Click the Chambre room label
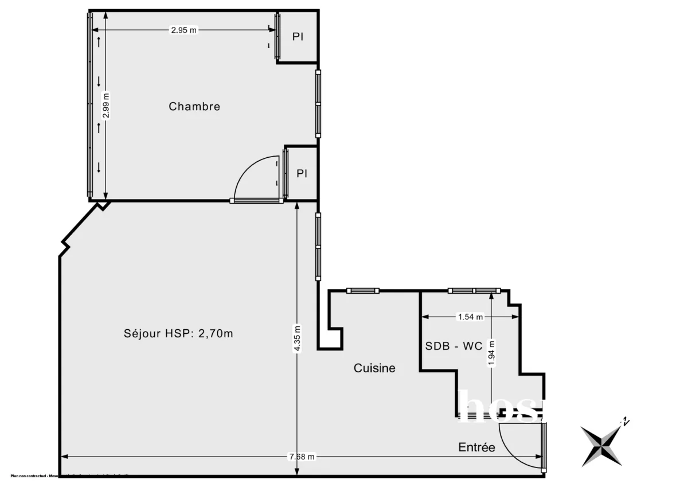(x=194, y=107)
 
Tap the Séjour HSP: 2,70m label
(x=178, y=333)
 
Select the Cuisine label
(x=374, y=368)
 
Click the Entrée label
(x=476, y=447)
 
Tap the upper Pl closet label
(x=298, y=37)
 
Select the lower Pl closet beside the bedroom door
(x=302, y=173)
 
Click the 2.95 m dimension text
(x=183, y=30)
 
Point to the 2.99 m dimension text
(x=105, y=106)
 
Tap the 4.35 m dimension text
(x=297, y=340)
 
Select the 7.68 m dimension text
(x=302, y=457)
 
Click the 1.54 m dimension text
(x=470, y=317)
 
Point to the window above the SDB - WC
(x=474, y=291)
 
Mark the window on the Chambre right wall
(x=318, y=104)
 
